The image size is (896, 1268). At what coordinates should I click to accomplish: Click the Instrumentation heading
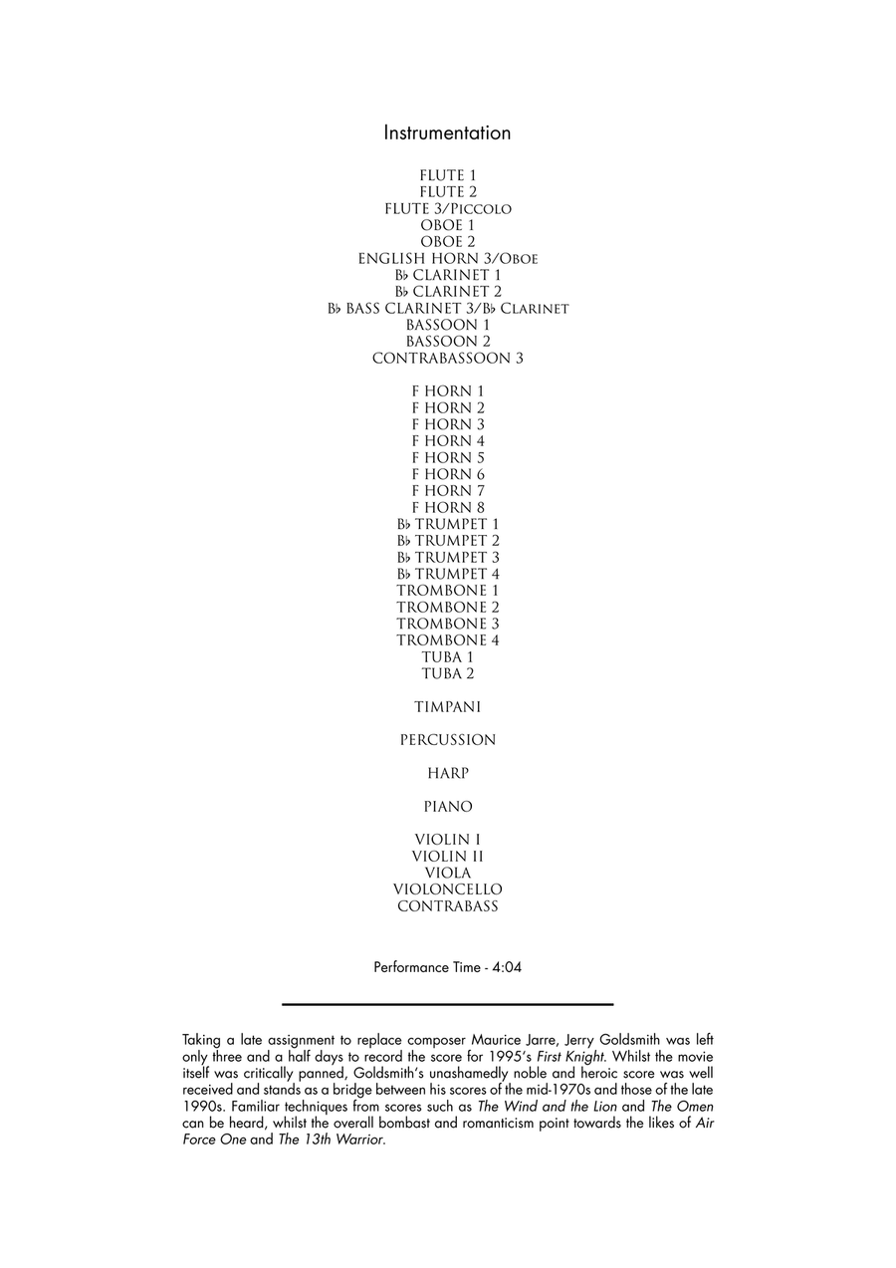447,133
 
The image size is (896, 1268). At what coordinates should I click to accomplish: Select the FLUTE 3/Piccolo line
447,209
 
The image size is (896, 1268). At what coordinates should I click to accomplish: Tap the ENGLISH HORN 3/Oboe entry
447,259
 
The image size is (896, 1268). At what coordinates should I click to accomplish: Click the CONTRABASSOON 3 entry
447,359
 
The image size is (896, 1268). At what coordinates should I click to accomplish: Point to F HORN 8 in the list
447,508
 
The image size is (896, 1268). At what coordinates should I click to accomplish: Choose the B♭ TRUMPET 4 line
447,575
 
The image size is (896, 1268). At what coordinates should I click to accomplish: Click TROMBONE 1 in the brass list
447,591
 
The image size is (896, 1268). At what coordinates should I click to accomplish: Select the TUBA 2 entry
447,674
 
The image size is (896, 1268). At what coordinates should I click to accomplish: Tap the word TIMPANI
447,707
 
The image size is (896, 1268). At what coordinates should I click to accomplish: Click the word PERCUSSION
447,740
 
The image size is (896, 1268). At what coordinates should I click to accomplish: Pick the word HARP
447,774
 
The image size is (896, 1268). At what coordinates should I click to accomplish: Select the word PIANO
447,807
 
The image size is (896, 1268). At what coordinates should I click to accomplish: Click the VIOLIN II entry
447,857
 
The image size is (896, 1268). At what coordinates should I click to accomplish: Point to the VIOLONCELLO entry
447,889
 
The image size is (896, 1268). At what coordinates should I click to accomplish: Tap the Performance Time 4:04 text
447,967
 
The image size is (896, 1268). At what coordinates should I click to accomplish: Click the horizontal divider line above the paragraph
447,1004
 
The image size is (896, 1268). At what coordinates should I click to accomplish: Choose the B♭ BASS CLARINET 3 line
447,309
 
